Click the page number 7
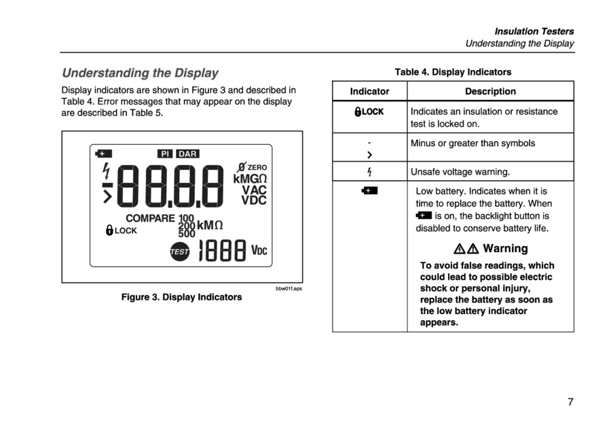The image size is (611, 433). tap(570, 402)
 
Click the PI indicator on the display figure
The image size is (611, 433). tap(165, 154)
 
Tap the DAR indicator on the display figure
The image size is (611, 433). tap(187, 154)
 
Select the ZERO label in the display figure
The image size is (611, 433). tap(257, 167)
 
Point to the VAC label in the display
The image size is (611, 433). tap(254, 190)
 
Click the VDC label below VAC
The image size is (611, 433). tap(254, 201)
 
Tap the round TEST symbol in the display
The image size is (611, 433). tap(180, 252)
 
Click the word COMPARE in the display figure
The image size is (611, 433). tap(150, 219)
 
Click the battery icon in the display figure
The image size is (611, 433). tap(104, 154)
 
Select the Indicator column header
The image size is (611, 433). tap(369, 91)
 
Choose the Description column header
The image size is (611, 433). tap(490, 91)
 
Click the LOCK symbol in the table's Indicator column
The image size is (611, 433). tap(369, 112)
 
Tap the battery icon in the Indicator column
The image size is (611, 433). tap(369, 191)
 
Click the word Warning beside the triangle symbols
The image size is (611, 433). tap(505, 248)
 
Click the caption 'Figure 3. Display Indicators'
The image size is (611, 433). tap(181, 297)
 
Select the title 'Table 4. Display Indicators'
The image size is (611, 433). tap(453, 72)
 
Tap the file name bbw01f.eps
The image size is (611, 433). tap(289, 289)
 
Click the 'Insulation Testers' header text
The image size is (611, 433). tap(534, 31)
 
